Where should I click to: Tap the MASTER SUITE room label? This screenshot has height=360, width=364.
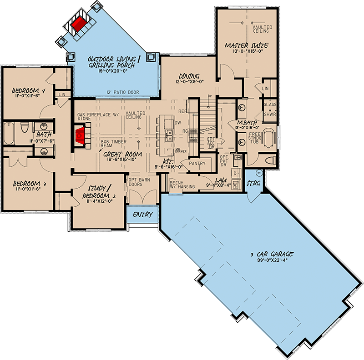[246, 45]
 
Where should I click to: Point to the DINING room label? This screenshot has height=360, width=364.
[190, 75]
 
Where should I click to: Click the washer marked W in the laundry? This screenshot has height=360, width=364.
[235, 184]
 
